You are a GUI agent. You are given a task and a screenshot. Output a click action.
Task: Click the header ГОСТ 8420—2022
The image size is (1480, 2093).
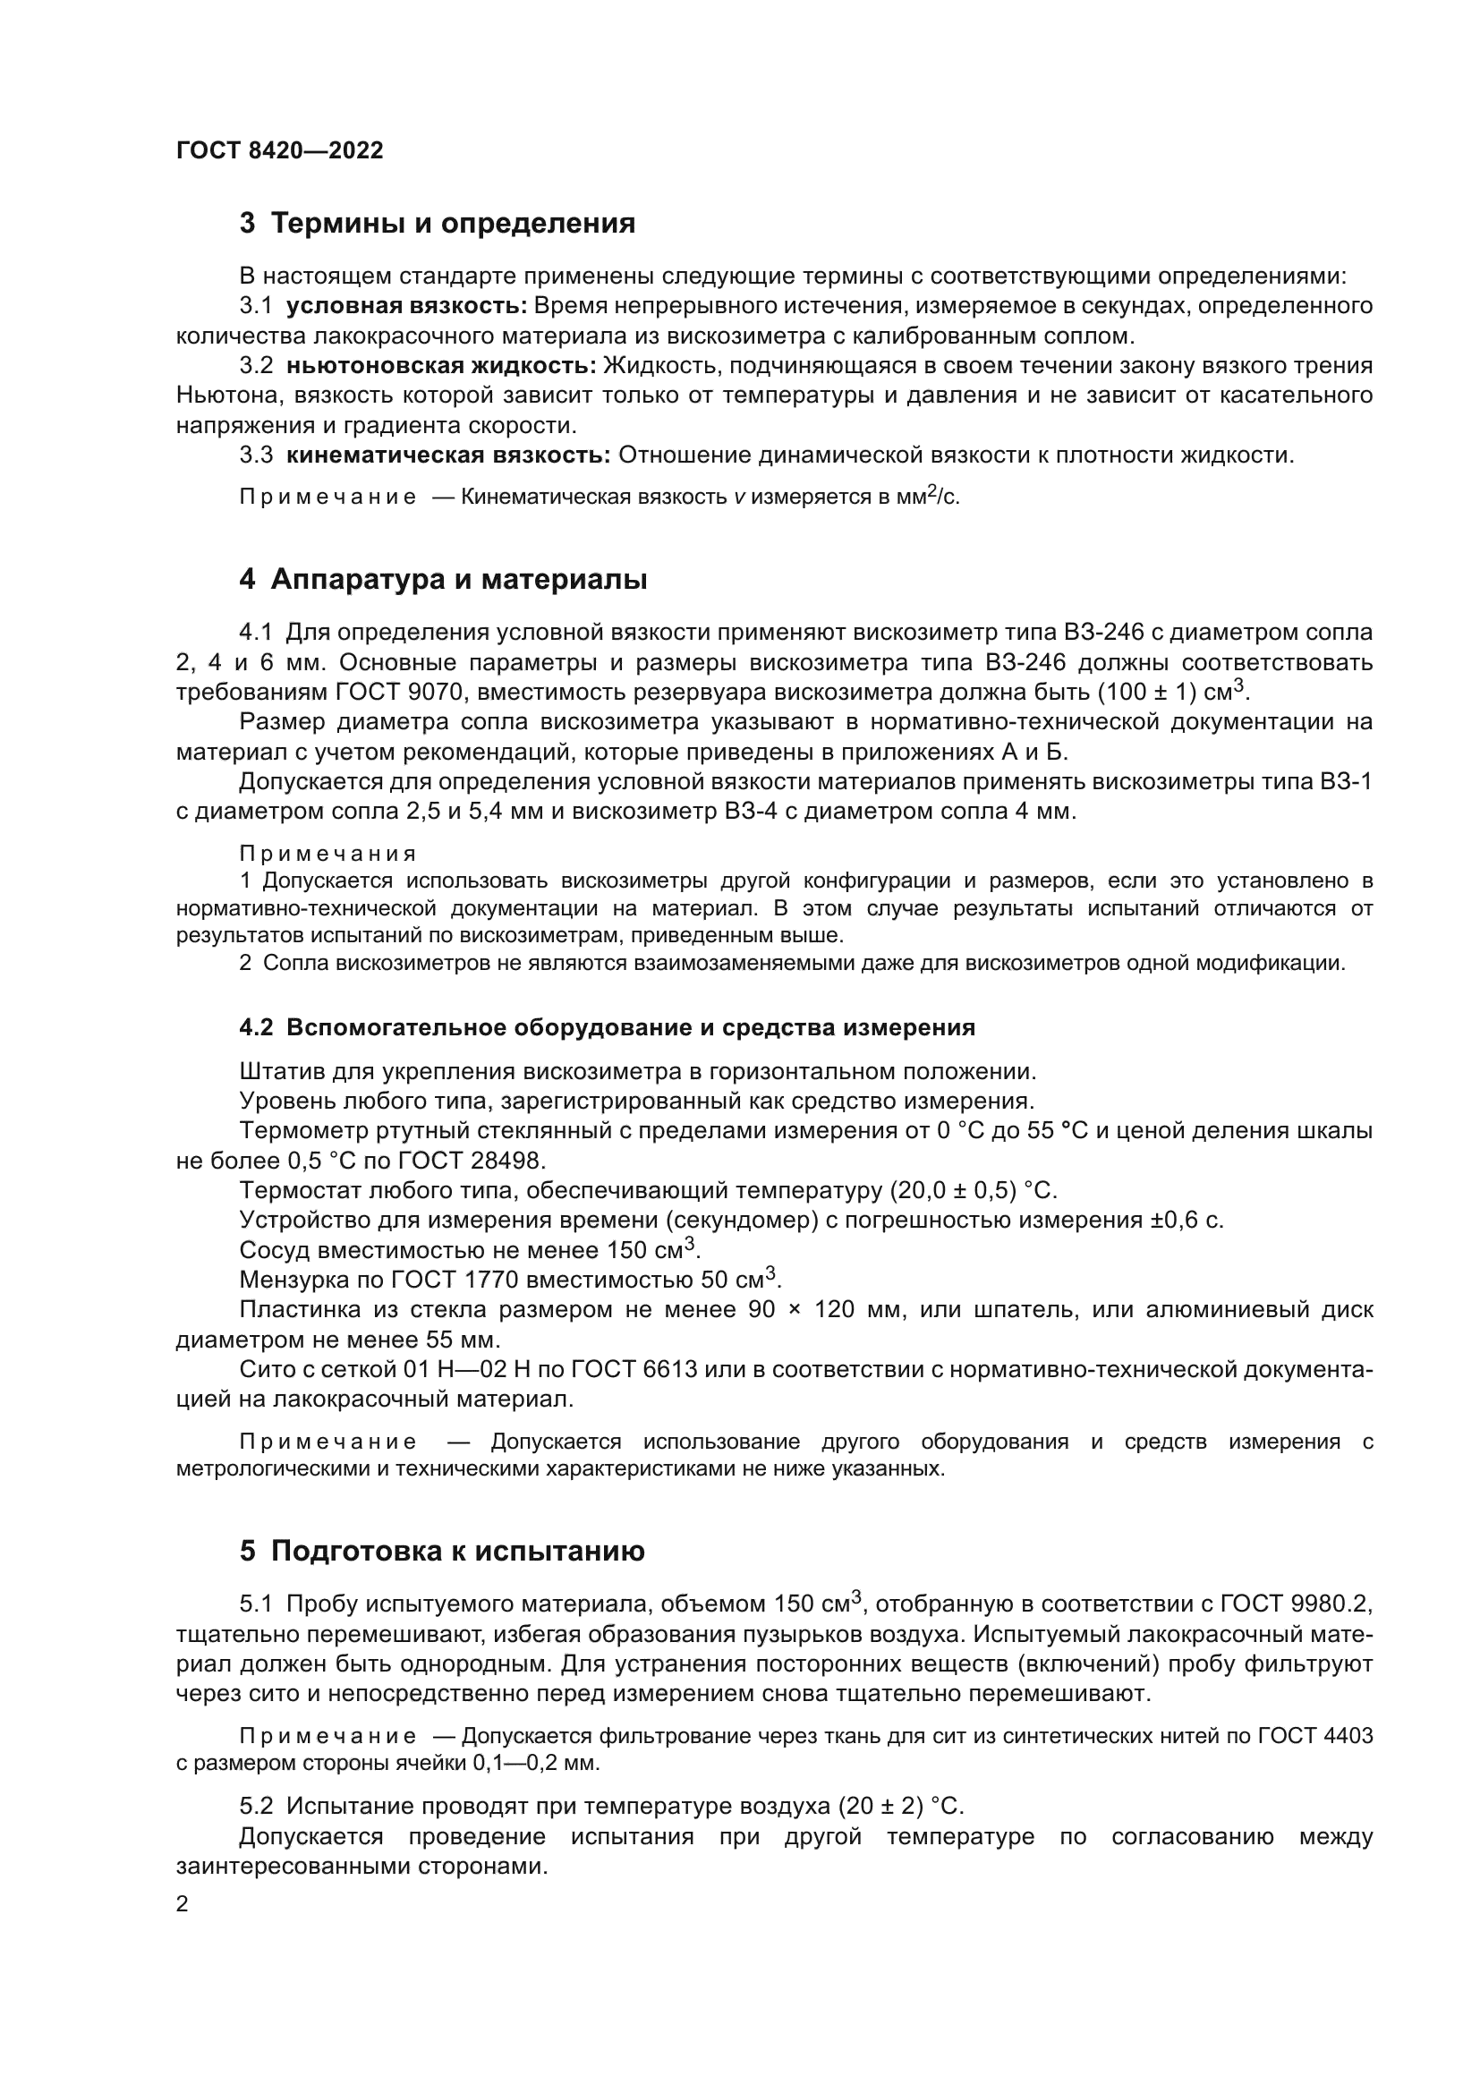[x=280, y=150]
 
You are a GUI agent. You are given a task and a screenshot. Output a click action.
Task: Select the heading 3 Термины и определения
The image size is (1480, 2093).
[x=438, y=224]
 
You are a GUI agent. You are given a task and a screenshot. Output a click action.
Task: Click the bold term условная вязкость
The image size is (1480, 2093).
[x=406, y=306]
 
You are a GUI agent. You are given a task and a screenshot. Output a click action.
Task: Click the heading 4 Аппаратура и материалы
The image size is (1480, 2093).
[x=443, y=580]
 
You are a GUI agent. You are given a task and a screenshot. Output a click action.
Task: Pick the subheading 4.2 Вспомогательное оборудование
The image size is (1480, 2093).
[x=607, y=1027]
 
